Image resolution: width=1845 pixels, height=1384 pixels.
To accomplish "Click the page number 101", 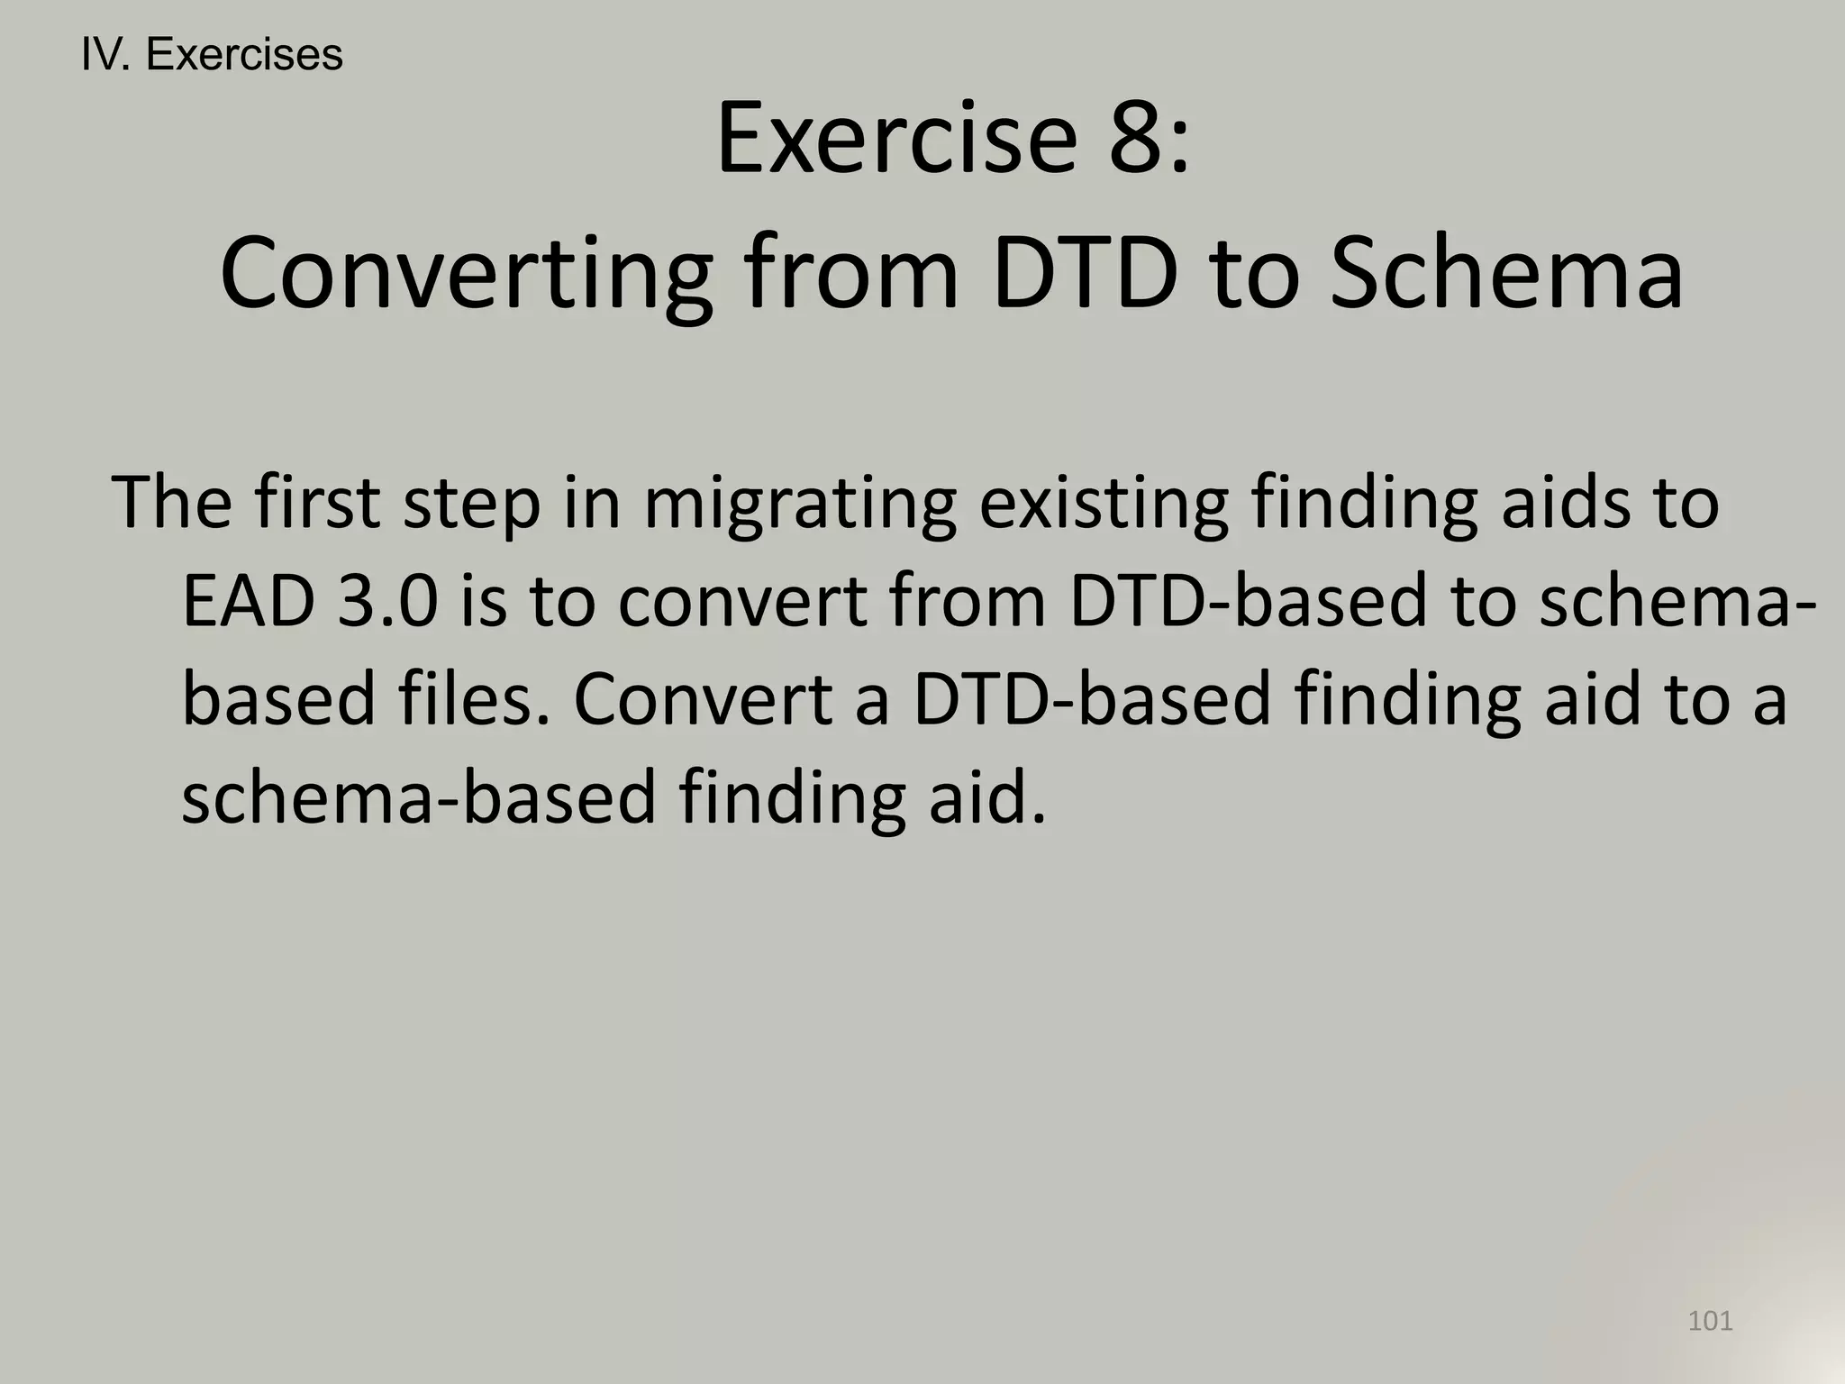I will point(1710,1321).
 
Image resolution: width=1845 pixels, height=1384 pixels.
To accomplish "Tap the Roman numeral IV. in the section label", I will point(106,56).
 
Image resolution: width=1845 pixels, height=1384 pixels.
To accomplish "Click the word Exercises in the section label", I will point(244,56).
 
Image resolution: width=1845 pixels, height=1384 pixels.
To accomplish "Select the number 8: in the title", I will point(1150,139).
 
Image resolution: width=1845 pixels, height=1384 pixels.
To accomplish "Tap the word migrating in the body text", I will point(800,505).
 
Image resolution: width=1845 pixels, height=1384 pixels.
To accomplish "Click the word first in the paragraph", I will point(316,503).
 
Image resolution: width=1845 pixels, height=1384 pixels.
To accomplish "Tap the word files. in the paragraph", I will point(474,699).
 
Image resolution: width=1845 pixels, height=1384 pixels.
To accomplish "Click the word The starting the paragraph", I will point(171,503).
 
